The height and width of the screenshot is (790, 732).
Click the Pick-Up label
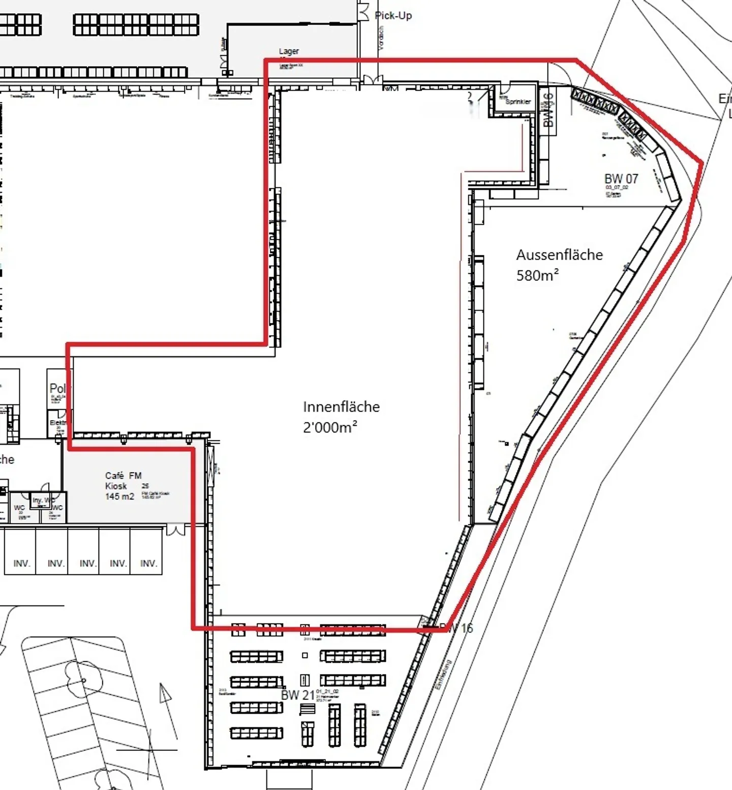coord(393,16)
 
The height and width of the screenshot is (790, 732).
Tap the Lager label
coord(289,51)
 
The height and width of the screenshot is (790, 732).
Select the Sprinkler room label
coord(518,102)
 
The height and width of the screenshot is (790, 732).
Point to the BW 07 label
coord(621,179)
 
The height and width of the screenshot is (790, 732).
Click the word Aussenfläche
coord(559,255)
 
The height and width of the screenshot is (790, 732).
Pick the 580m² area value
coord(537,276)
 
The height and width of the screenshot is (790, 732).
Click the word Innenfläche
coord(341,407)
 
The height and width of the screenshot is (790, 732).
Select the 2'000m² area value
coord(330,428)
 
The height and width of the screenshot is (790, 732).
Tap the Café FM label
coord(123,476)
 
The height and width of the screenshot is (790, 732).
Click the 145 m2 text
coord(119,496)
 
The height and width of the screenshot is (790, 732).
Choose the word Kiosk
coord(116,486)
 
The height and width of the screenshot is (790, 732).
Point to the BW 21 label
coord(298,695)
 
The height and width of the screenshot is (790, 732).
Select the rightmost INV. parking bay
coord(148,564)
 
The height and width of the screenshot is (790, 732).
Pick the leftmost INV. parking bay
coord(22,564)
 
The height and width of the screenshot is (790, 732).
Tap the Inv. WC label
coord(43,501)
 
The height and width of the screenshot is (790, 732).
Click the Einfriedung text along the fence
coord(443,675)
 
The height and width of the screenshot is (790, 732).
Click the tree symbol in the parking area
coord(84,679)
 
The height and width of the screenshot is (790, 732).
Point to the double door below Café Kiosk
coord(176,530)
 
